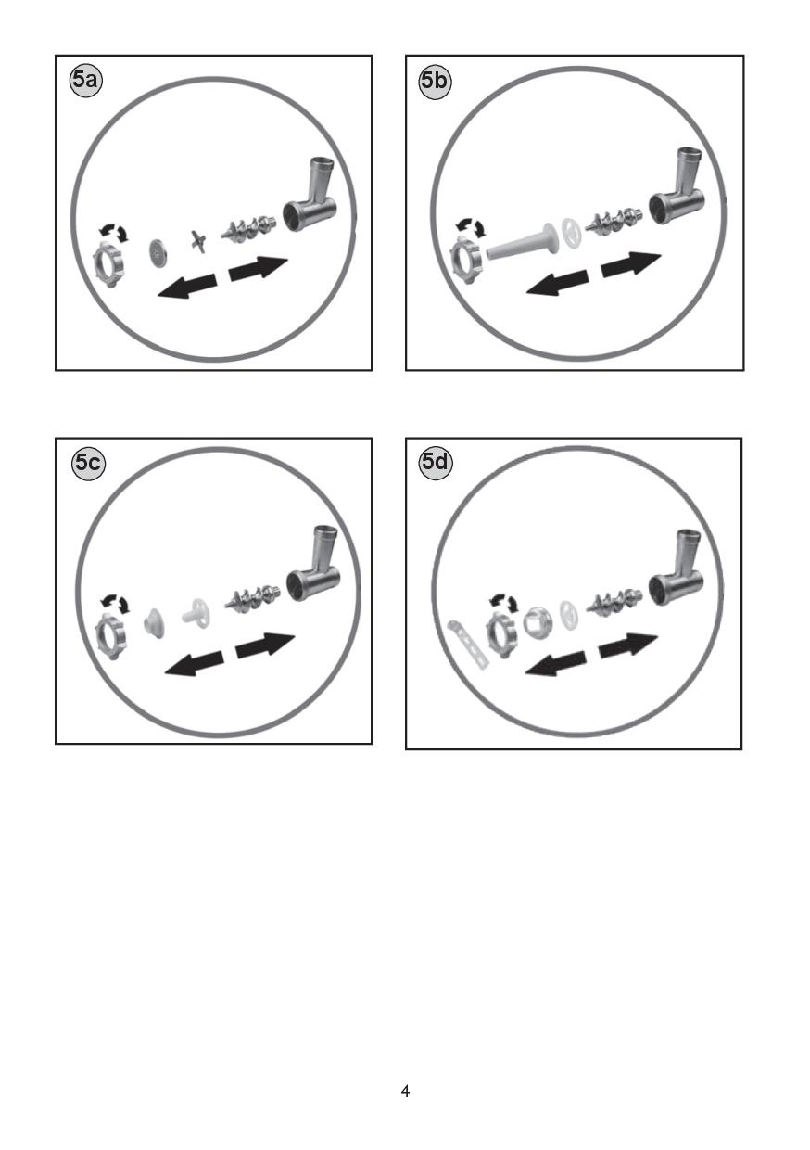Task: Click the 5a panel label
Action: [85, 81]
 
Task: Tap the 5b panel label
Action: [435, 81]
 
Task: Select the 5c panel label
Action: [88, 464]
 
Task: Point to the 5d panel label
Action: [436, 462]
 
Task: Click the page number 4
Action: [405, 1091]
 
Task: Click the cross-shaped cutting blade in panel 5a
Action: [196, 241]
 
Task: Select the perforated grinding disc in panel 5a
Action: [156, 252]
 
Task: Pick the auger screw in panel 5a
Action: [248, 227]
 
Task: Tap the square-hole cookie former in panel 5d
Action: [538, 623]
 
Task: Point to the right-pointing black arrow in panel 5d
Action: [628, 645]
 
